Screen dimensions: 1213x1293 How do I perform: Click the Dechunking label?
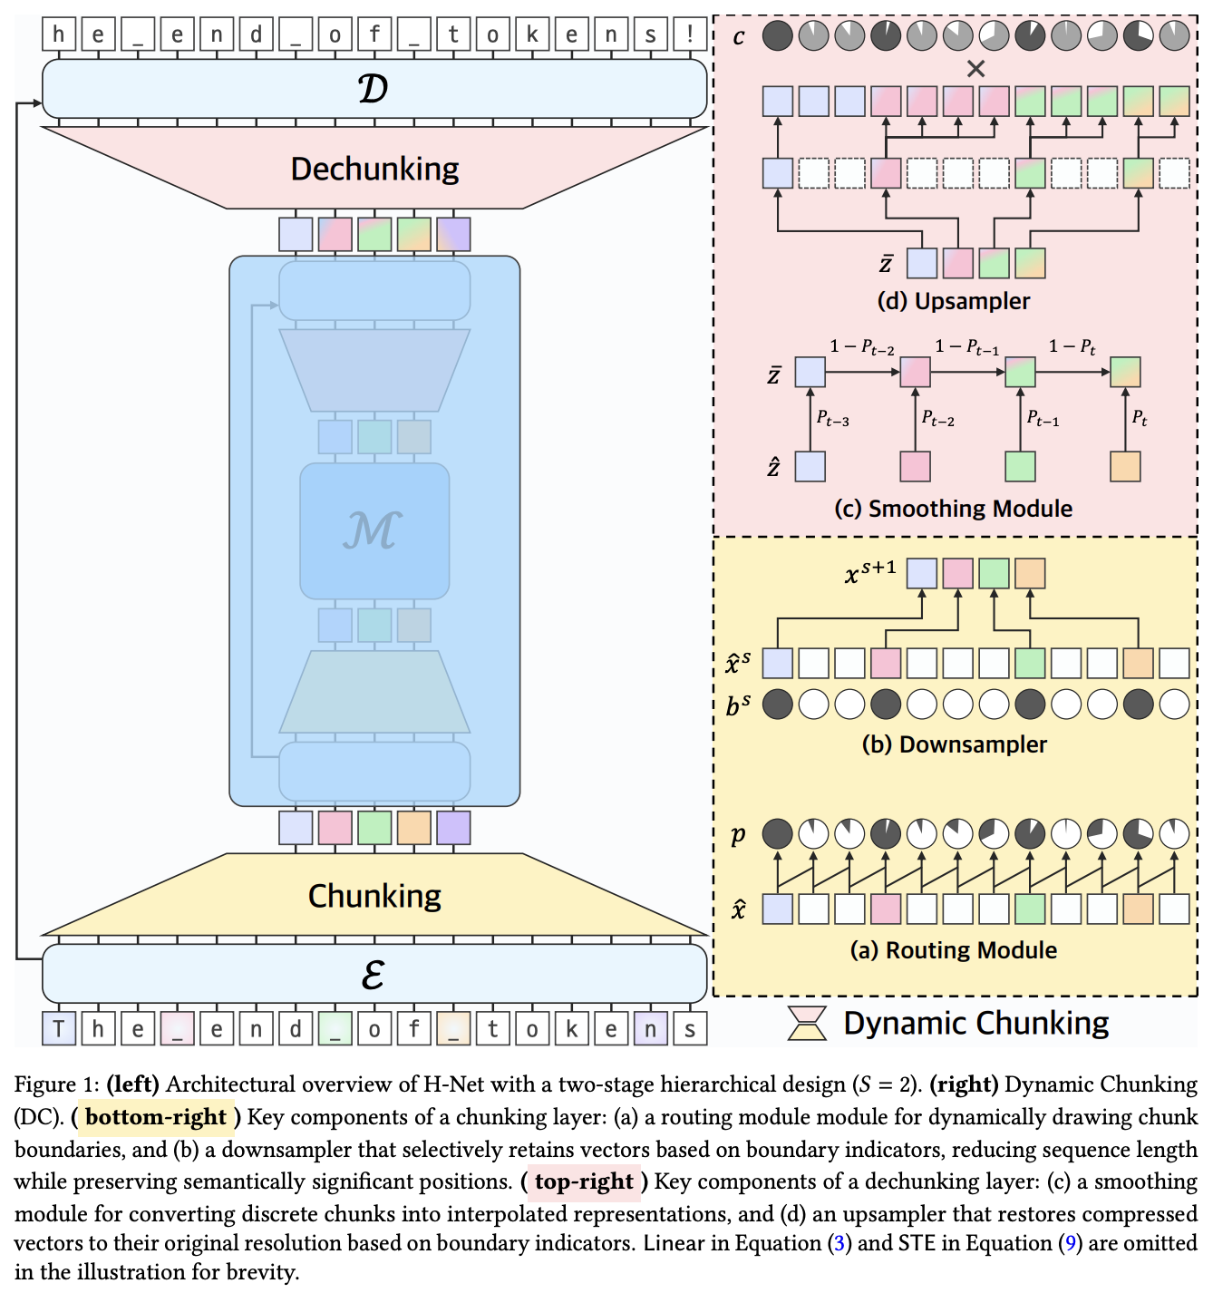(374, 170)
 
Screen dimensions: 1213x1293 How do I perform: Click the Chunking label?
(374, 897)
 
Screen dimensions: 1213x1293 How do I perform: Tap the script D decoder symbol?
(374, 89)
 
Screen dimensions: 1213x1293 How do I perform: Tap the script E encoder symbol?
(374, 974)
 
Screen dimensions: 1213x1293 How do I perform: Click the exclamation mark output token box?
(690, 34)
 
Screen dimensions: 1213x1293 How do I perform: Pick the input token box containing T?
(59, 1028)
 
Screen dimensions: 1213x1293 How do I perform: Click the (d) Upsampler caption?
(953, 301)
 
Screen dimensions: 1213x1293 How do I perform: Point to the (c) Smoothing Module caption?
(953, 509)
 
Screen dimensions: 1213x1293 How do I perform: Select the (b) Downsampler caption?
(955, 744)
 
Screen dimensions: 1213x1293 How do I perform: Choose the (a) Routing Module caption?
(953, 950)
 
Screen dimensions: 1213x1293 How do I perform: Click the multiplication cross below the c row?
(975, 68)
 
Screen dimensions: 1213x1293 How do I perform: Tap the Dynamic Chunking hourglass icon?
(807, 1022)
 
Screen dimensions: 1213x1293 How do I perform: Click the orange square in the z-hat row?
(1124, 467)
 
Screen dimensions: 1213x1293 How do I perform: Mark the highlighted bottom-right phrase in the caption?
(156, 1116)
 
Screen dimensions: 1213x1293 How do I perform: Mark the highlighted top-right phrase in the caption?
(584, 1181)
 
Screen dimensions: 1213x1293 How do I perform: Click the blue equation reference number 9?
(1071, 1243)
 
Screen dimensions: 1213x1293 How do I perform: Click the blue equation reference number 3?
(839, 1243)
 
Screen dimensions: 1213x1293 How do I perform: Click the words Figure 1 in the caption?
(56, 1084)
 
